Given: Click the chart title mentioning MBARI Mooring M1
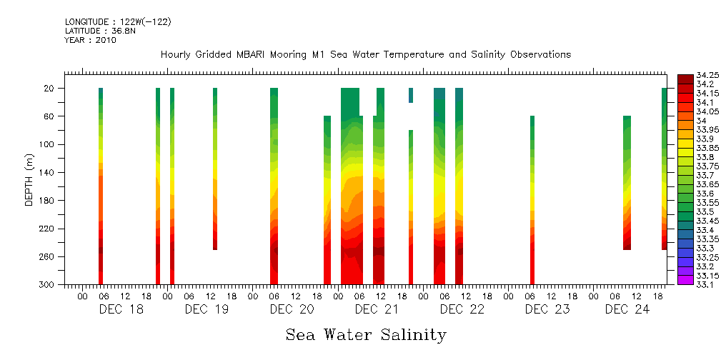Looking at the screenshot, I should tap(365, 55).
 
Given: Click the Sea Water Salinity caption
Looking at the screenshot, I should tap(366, 335).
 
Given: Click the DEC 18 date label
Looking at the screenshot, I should tap(121, 309).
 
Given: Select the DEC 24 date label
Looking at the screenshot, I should tap(627, 309).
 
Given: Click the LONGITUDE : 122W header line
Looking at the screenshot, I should tap(118, 22).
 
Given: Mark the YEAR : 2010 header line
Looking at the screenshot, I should tap(90, 40).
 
